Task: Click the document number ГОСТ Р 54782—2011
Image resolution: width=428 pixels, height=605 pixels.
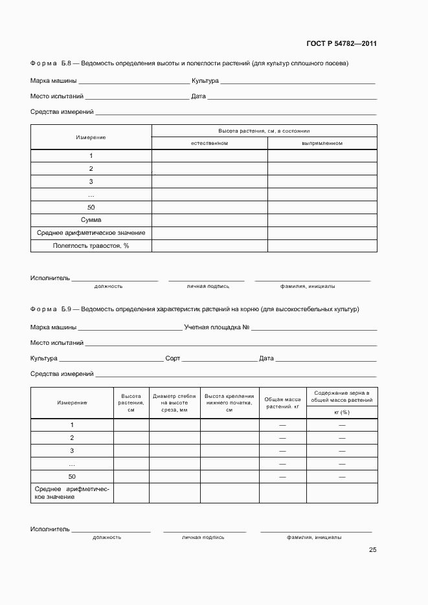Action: click(341, 44)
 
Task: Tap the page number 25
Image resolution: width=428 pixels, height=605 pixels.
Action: click(372, 550)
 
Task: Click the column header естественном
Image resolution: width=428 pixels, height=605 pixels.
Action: click(209, 143)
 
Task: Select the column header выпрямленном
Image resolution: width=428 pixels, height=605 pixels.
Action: click(322, 143)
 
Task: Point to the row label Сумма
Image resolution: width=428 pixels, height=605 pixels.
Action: click(91, 220)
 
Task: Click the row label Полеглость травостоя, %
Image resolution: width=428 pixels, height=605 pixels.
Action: click(91, 246)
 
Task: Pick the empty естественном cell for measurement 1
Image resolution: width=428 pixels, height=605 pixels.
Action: click(209, 156)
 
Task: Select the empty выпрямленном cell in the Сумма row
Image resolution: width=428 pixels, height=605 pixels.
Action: click(322, 220)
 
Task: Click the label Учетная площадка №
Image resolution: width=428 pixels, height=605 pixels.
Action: click(217, 327)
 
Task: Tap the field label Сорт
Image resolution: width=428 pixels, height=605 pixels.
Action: click(172, 358)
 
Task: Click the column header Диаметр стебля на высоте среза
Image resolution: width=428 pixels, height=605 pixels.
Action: click(174, 402)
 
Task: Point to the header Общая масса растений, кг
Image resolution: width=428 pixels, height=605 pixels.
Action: click(282, 402)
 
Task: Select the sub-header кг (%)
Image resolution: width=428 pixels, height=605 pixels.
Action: click(342, 412)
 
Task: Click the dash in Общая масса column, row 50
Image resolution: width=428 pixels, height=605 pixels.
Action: click(282, 477)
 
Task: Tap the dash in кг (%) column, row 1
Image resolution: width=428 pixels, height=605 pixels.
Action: click(342, 425)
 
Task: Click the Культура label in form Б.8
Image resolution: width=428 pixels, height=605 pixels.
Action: click(205, 82)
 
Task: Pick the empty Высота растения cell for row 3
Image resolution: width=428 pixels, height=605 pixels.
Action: click(131, 451)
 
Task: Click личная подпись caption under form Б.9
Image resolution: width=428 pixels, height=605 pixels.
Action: click(203, 537)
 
